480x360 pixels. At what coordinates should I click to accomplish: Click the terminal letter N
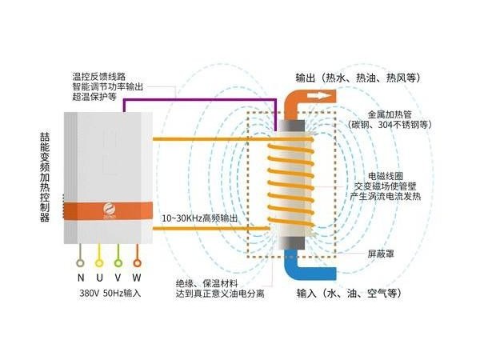[81, 277]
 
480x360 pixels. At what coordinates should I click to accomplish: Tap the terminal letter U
[99, 277]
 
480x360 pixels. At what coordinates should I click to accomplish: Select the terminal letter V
[118, 277]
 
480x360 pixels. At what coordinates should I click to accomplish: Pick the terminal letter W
[137, 277]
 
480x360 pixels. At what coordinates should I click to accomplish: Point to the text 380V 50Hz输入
[110, 293]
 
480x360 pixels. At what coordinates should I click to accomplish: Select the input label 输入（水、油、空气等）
[348, 293]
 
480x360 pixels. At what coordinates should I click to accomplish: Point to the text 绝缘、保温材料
[214, 282]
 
